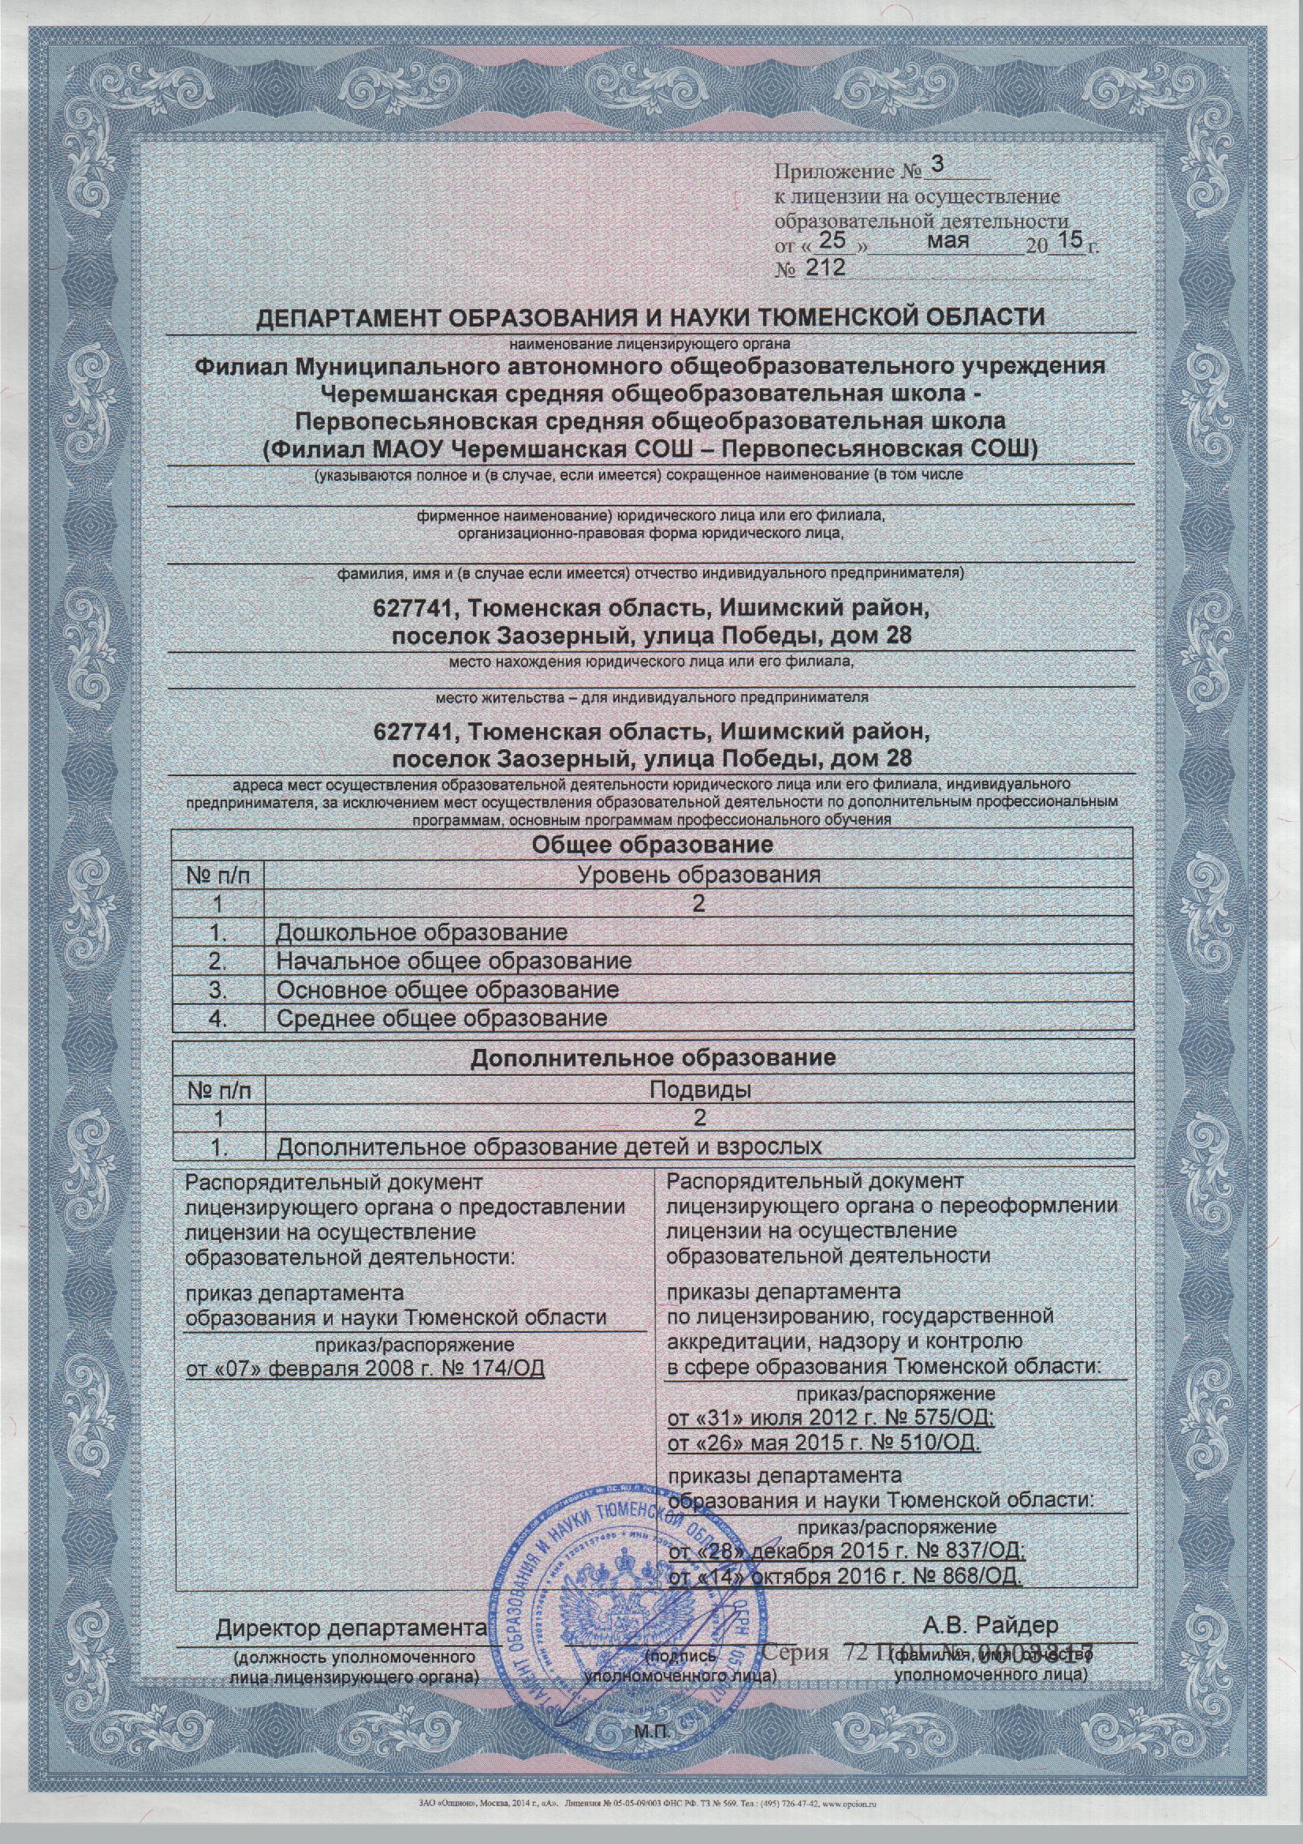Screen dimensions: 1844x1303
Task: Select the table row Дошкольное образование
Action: (422, 932)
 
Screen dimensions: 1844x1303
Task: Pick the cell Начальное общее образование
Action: (453, 961)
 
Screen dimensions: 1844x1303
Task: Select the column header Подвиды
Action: (698, 1089)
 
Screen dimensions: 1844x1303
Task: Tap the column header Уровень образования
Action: (698, 875)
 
